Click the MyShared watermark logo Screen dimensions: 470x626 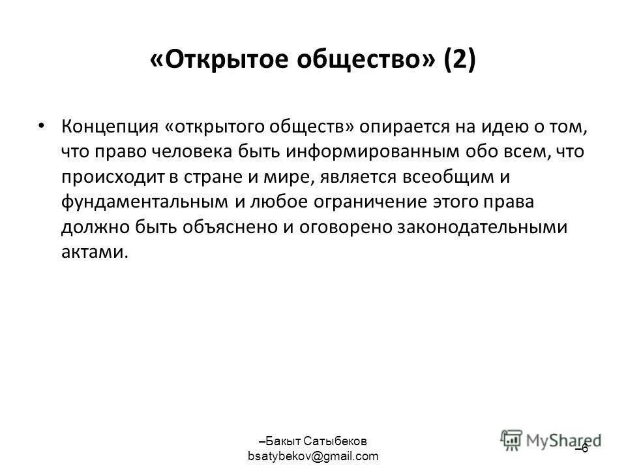coord(552,440)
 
